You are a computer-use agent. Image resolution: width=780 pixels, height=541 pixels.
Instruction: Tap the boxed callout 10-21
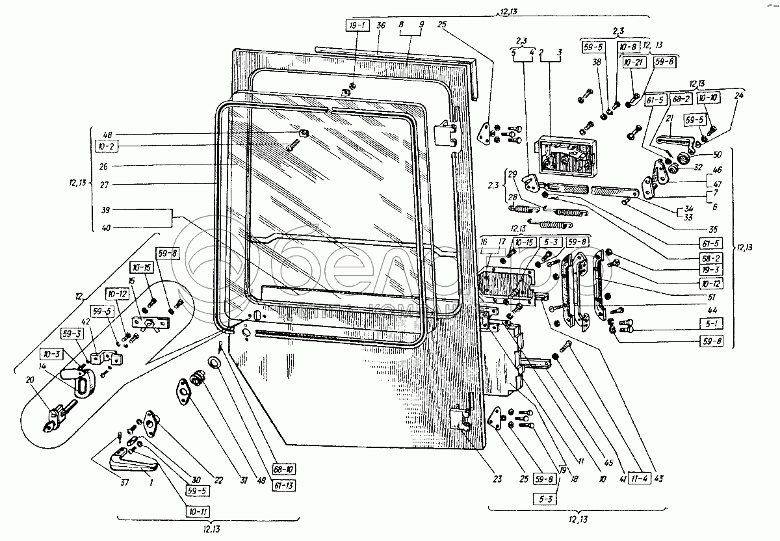click(x=634, y=62)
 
